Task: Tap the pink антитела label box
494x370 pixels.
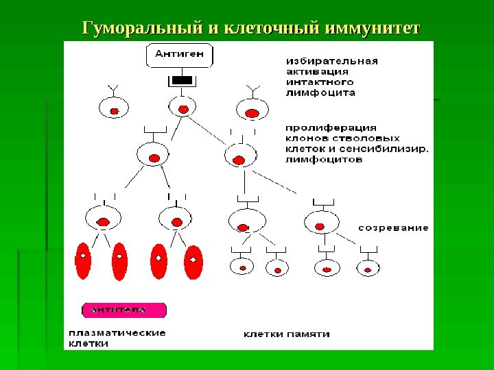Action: (x=124, y=310)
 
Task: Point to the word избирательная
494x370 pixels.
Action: (x=331, y=60)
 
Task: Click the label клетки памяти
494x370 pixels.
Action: (x=287, y=334)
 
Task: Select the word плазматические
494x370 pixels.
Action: (x=117, y=333)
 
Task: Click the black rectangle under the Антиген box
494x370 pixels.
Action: (x=181, y=82)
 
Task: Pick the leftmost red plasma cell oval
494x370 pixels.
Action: (x=83, y=260)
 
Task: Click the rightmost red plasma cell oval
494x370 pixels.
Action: (x=194, y=260)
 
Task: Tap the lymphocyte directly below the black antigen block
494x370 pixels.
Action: (x=182, y=108)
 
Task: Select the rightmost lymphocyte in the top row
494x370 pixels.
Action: (x=252, y=110)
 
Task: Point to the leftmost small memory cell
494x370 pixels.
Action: (x=242, y=267)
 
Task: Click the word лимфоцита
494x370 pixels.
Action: (x=320, y=91)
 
